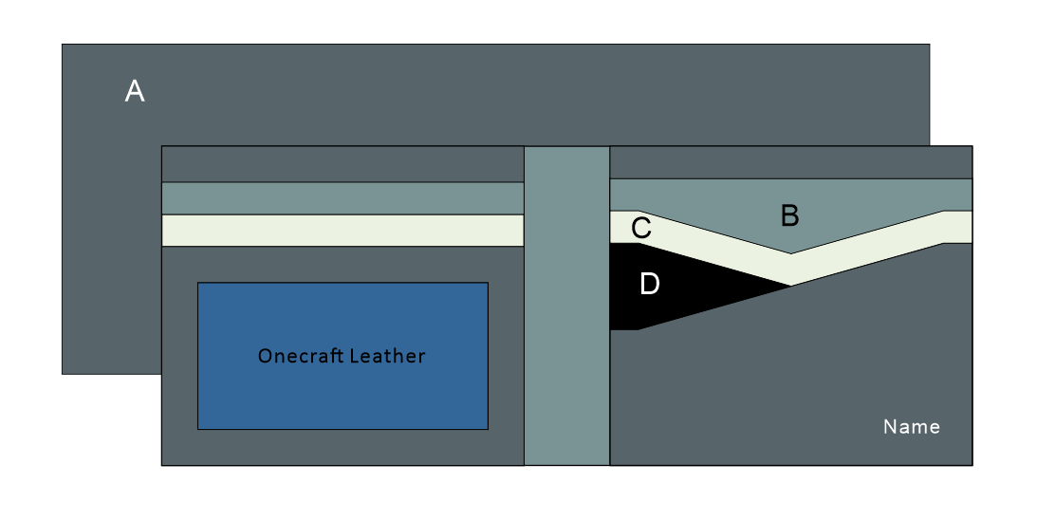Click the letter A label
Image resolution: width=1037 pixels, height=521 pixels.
pos(135,92)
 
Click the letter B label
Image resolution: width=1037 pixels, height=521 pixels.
pos(789,216)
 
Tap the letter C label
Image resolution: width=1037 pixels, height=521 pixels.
pos(640,229)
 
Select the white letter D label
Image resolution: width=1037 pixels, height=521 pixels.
pos(649,284)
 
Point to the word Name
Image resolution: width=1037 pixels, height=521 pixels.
pos(911,427)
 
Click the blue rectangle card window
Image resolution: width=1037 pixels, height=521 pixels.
pos(342,399)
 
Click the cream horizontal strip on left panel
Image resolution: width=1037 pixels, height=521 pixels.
pos(343,231)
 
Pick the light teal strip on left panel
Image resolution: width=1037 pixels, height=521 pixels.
pos(343,198)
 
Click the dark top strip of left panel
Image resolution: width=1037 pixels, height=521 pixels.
pos(343,163)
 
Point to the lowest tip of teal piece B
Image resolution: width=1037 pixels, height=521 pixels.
pos(791,253)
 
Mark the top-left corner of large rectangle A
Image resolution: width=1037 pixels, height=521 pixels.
pos(63,45)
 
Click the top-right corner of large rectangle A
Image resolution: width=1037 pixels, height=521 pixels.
pos(929,45)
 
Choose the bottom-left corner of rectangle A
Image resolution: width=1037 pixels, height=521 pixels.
pos(63,373)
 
